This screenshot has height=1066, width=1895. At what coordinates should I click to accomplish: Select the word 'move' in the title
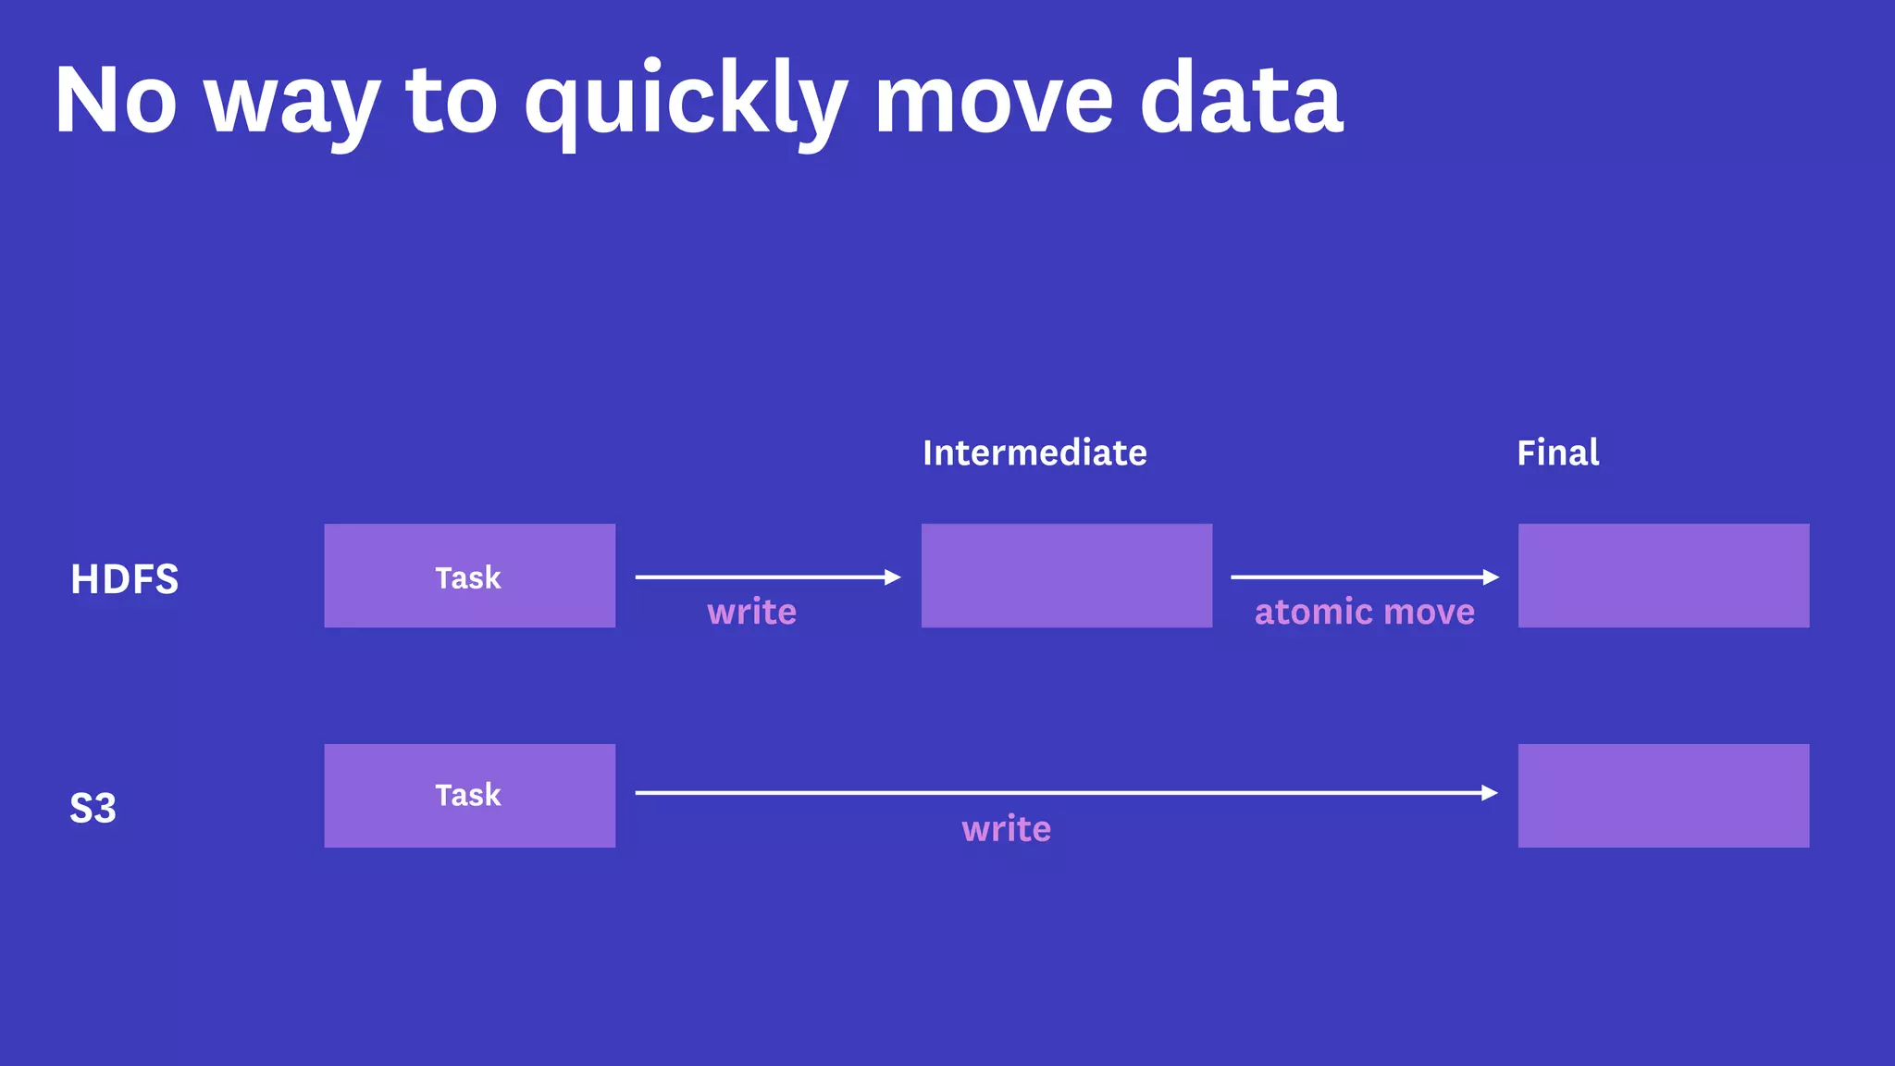[994, 100]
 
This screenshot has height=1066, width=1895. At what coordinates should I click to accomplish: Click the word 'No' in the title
[116, 100]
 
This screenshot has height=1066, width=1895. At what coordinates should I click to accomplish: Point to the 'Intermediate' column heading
[1034, 452]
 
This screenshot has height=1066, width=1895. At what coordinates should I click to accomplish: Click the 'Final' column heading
[1557, 452]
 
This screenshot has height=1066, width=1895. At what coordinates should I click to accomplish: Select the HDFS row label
[124, 579]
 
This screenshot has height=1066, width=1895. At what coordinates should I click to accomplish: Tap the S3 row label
[93, 808]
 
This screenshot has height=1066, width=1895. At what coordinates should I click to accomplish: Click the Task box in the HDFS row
[469, 576]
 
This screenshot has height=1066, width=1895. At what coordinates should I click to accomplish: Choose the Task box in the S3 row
[469, 795]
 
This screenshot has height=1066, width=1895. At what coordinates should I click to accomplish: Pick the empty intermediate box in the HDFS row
[1066, 576]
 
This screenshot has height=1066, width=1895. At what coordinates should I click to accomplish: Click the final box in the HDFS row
[1663, 576]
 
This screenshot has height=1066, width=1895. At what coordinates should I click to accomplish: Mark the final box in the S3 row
[1663, 795]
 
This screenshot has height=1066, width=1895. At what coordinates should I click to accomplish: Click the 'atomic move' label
[1364, 612]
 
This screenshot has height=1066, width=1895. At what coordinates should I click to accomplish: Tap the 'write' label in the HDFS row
[751, 612]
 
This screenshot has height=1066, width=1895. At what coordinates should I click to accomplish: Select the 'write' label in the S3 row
[1006, 828]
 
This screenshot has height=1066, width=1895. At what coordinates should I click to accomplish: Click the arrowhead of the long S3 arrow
[1489, 793]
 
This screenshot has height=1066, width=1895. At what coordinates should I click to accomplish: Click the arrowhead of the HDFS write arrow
[892, 577]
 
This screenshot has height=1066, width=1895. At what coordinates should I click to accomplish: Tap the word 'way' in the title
[291, 104]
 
